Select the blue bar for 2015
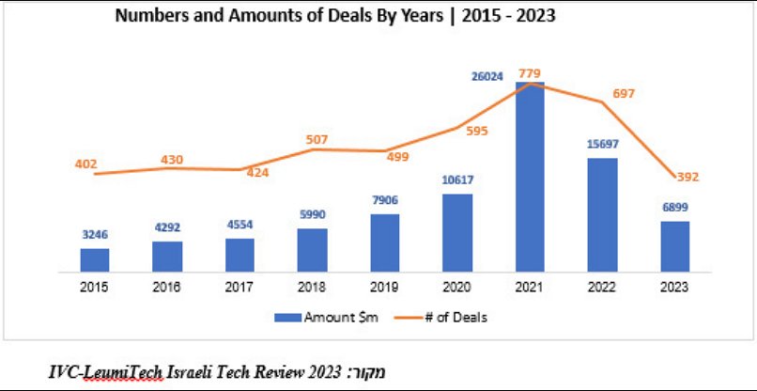coord(94,260)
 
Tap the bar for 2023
coord(674,247)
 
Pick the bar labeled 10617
coord(457,233)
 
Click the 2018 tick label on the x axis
coord(312,287)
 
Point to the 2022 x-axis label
coord(602,287)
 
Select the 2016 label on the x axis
coord(167,287)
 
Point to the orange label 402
coord(86,164)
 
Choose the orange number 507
coord(317,140)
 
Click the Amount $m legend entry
coord(331,318)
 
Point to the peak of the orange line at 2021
coord(532,83)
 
